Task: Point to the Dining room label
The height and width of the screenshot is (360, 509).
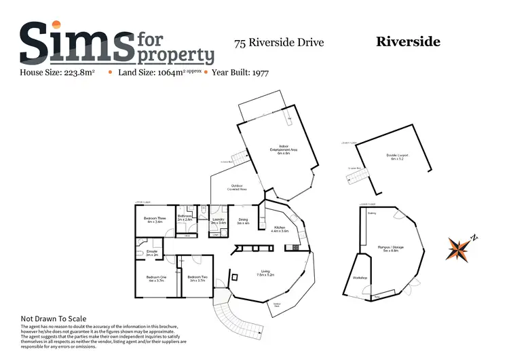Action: (x=243, y=219)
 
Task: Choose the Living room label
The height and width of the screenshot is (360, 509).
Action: (x=265, y=272)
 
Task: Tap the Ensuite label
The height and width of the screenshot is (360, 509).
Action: (x=152, y=251)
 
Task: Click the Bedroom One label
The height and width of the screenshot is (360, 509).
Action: (x=156, y=276)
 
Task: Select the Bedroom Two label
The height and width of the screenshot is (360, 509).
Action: (x=197, y=276)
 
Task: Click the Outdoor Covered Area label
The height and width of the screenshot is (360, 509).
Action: (x=238, y=186)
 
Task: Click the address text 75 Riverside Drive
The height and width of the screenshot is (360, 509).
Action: (x=279, y=43)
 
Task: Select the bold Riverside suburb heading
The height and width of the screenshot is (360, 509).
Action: (x=408, y=42)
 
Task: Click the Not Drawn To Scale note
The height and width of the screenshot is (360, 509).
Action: (x=54, y=319)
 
